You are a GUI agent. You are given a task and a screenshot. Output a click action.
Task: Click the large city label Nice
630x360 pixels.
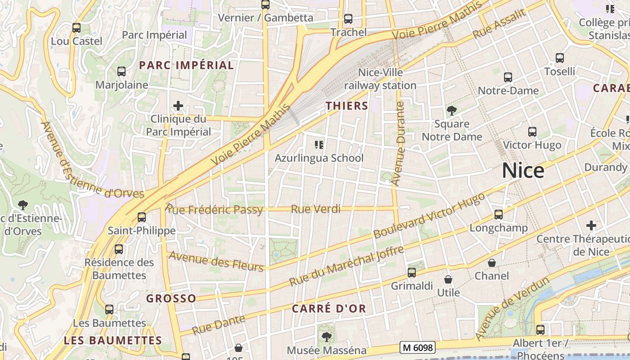523,171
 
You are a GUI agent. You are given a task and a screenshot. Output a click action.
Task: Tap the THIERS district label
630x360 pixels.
347,106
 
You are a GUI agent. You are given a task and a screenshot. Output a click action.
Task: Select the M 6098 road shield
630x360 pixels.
417,347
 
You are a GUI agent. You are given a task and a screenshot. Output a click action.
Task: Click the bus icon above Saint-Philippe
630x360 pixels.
142,217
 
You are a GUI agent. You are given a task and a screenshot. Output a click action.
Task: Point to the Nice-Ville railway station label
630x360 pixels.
380,79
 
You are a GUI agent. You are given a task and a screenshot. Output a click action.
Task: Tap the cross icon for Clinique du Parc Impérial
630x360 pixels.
178,106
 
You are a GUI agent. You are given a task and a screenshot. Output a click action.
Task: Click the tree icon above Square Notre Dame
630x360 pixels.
451,110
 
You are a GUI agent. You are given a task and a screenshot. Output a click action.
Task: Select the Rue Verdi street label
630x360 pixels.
315,209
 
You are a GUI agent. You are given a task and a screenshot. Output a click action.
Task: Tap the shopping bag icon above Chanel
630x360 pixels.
492,262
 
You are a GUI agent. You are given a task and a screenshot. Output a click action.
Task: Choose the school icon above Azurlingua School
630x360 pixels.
319,145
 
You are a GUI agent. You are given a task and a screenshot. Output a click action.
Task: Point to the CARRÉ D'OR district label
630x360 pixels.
329,309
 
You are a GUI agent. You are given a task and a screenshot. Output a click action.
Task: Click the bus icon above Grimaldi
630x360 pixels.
412,272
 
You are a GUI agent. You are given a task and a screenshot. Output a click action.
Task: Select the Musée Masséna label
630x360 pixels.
327,350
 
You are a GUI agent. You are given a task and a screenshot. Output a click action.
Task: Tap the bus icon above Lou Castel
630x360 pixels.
76,27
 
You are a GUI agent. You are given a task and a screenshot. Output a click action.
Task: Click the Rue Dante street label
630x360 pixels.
219,325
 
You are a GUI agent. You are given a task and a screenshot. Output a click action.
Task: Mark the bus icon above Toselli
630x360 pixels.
560,58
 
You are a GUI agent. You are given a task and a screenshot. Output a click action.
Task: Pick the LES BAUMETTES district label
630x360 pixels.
112,340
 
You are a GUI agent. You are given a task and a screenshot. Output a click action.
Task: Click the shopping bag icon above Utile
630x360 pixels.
448,279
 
